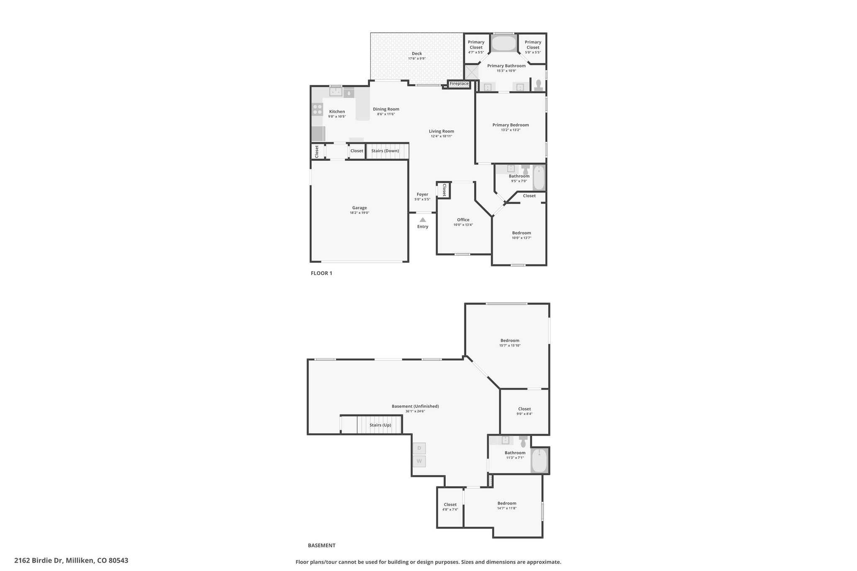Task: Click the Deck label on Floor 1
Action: (417, 54)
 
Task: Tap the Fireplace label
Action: (459, 84)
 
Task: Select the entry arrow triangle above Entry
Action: (423, 220)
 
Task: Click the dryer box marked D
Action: (419, 448)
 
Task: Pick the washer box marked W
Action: (419, 462)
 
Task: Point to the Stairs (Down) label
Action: (385, 151)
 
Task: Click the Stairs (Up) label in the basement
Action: (380, 425)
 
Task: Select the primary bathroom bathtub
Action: (504, 44)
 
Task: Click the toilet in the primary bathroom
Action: (539, 86)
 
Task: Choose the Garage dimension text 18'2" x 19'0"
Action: (359, 213)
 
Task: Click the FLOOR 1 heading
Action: (321, 273)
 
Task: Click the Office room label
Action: (463, 220)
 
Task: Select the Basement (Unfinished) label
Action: (415, 406)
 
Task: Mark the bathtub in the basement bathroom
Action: (540, 460)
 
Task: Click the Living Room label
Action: (441, 131)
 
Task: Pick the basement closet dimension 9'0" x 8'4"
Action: (524, 414)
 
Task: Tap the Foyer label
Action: (422, 195)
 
